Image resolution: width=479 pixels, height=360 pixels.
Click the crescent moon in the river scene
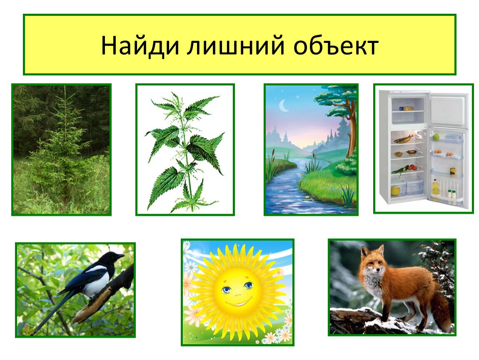click(284, 106)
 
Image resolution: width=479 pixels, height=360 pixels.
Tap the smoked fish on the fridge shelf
click(404, 139)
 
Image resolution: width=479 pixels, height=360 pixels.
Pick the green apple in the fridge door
click(436, 137)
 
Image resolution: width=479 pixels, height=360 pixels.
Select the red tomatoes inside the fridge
click(413, 167)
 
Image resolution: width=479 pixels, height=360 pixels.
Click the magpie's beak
click(120, 256)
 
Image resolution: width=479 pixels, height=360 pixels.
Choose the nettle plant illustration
click(185, 150)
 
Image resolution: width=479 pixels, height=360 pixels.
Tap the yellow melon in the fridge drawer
click(396, 190)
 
